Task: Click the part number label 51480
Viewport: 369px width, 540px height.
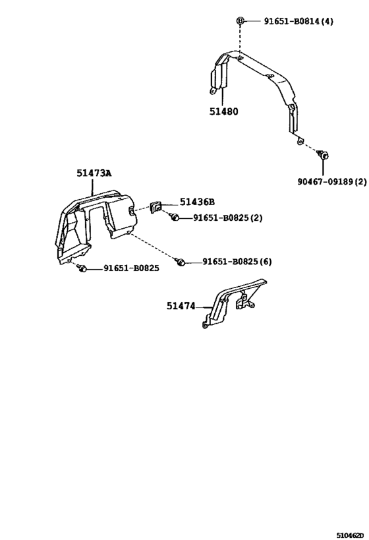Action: point(224,111)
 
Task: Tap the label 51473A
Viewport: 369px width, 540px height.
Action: point(94,173)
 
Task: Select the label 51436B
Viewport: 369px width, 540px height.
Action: point(197,202)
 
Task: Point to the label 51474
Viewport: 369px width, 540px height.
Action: point(181,306)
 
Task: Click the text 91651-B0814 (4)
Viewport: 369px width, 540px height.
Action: point(298,21)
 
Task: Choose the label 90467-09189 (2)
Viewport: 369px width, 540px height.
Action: point(332,181)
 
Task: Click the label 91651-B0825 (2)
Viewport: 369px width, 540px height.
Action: point(227,218)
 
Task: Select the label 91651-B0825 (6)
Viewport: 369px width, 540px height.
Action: point(237,262)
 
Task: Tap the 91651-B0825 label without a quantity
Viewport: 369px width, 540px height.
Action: point(132,268)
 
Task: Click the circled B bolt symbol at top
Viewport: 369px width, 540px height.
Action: point(241,21)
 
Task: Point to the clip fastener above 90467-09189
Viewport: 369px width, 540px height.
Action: point(323,155)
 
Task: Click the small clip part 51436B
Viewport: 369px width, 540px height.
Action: point(156,208)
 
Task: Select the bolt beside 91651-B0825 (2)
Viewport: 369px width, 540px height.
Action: point(175,218)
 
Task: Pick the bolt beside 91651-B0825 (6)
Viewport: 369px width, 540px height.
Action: point(180,262)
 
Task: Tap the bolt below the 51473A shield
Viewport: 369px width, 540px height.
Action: point(82,268)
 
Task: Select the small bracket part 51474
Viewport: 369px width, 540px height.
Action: point(234,303)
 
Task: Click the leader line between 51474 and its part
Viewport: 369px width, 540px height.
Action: point(204,307)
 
